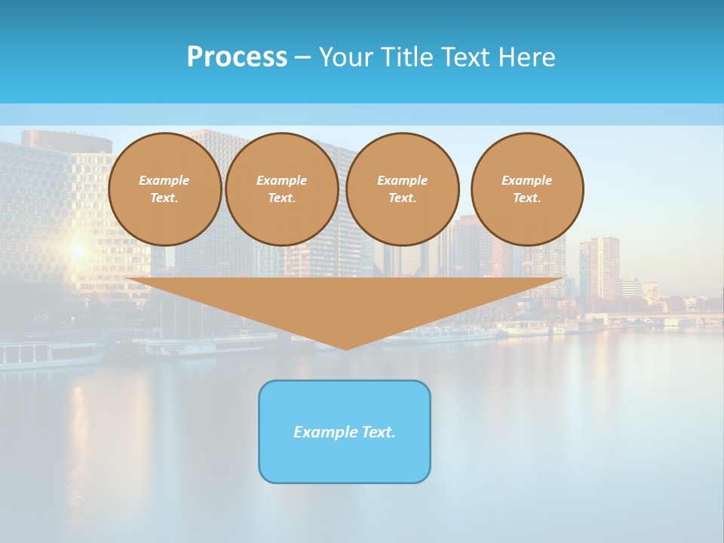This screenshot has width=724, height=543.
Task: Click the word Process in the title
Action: click(237, 57)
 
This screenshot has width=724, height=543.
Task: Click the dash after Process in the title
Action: click(302, 57)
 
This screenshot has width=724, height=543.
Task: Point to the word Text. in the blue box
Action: click(378, 432)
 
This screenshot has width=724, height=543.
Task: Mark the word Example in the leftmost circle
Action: click(164, 180)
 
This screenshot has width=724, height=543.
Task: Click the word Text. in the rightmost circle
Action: click(527, 198)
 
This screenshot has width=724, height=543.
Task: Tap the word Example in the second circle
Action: click(282, 180)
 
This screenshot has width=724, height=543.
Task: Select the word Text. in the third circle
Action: click(403, 198)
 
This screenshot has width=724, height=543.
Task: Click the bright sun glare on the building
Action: click(76, 249)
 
